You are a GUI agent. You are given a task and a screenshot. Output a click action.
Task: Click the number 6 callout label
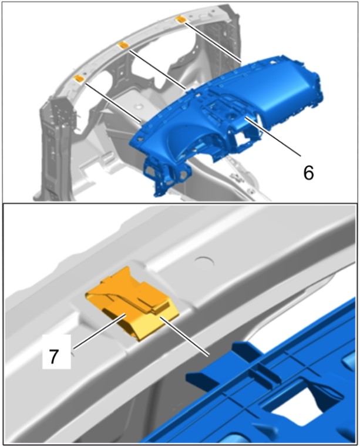[x=309, y=173]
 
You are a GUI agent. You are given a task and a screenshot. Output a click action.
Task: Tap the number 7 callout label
[x=53, y=357]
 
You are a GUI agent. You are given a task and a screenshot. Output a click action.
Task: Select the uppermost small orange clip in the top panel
[x=181, y=19]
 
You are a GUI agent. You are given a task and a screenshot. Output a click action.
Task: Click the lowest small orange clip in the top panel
[x=79, y=78]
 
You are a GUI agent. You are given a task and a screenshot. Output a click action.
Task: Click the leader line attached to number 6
[x=273, y=136]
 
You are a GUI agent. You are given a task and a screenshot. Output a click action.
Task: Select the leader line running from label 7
[x=99, y=331]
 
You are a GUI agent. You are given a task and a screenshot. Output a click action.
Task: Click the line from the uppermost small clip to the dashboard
[x=213, y=42]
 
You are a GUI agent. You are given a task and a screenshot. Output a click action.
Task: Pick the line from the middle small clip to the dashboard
[x=157, y=69]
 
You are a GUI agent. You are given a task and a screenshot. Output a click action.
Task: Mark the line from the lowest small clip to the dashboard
[x=113, y=102]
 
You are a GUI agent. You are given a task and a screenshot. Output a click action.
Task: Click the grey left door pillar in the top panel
[x=57, y=142]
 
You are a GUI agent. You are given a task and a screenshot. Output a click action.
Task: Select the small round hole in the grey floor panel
[x=139, y=107]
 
